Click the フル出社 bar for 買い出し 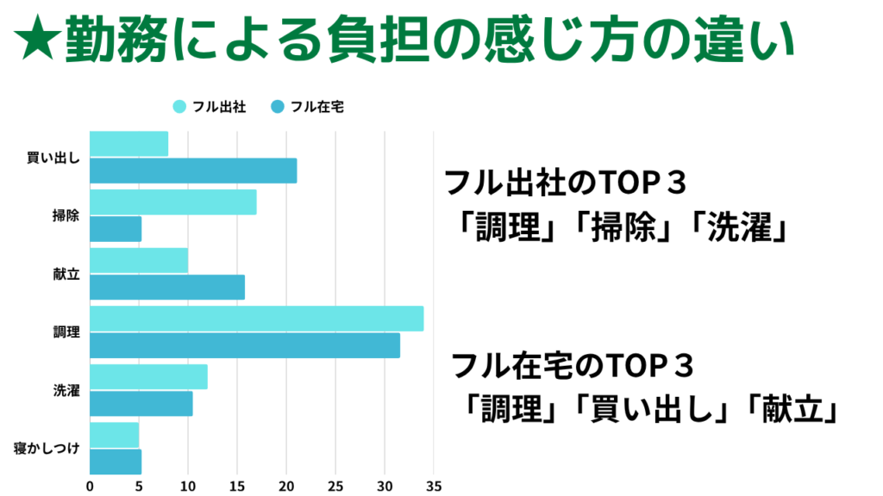coord(128,144)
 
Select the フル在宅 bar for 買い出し coord(193,170)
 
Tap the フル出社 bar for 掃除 coord(172,202)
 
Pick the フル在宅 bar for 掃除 coord(116,229)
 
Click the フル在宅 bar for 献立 coord(167,287)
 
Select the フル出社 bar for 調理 coord(256,319)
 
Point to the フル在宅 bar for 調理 coord(245,345)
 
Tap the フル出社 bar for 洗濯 coord(148,376)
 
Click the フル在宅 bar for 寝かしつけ coord(116,462)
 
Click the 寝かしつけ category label coord(47,449)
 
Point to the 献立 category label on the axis coord(66,274)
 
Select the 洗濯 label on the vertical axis coord(66,390)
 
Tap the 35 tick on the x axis coord(434,485)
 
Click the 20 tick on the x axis coord(286,485)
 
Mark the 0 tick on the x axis coord(90,485)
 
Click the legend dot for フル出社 coord(178,107)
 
